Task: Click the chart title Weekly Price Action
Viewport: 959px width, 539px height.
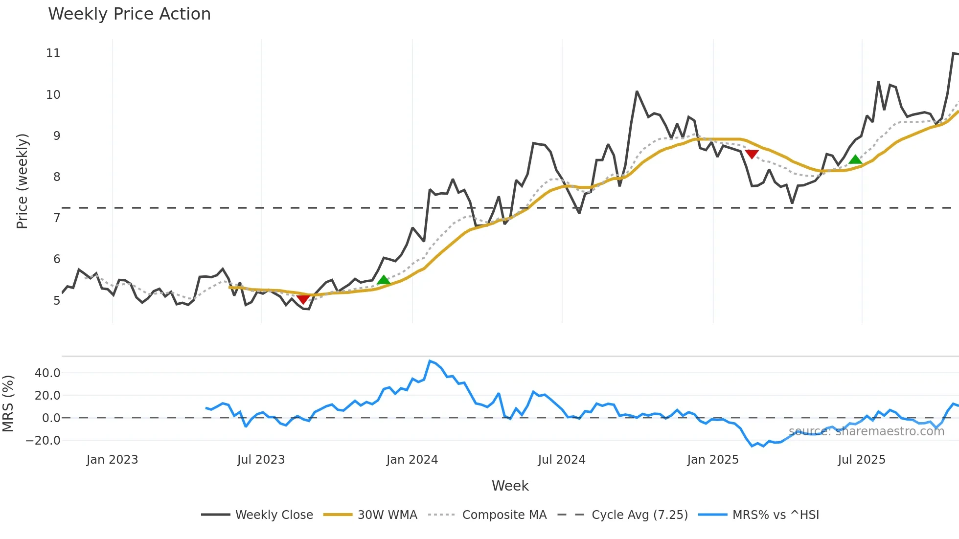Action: (129, 14)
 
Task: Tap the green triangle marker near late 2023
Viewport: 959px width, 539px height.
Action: (384, 280)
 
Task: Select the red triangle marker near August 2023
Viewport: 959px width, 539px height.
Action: (303, 299)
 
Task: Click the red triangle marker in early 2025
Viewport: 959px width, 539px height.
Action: (752, 155)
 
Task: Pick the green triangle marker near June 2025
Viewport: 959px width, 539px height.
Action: (855, 159)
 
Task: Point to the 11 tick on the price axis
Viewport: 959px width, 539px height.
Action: (53, 53)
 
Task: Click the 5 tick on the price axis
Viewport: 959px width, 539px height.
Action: (57, 300)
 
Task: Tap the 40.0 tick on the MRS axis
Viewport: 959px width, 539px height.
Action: (47, 373)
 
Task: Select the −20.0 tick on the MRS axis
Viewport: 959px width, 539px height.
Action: (43, 441)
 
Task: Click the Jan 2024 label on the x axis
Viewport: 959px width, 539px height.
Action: (412, 460)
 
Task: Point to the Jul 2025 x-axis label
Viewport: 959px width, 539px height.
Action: (862, 460)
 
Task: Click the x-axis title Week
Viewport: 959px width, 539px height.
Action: (510, 486)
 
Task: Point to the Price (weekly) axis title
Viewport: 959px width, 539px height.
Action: (22, 181)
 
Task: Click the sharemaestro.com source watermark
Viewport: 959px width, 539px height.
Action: (866, 431)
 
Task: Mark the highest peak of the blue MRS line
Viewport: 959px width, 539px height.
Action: (430, 361)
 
